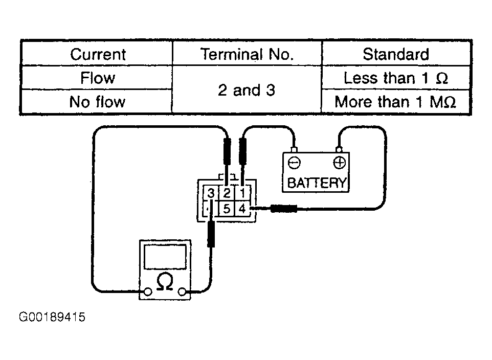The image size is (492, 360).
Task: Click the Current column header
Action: coord(98,54)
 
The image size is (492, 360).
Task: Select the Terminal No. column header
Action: coord(247,54)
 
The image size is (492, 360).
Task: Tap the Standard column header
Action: coord(396,54)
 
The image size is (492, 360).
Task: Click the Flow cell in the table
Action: coord(98,78)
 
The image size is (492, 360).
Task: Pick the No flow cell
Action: coord(97,102)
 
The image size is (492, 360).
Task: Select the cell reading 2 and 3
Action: coord(247,91)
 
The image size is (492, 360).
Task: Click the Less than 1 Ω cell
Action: coord(396,78)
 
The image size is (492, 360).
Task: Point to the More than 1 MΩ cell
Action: coord(395,102)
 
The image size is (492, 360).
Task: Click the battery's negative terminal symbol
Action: coord(294,163)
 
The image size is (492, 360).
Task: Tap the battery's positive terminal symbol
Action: coord(339,163)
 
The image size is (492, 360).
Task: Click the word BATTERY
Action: coord(317,183)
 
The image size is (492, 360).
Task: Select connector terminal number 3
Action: coord(211,193)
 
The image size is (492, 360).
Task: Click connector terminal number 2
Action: coord(227,193)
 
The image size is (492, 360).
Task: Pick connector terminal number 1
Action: coord(243,193)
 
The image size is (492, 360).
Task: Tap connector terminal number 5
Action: coord(227,209)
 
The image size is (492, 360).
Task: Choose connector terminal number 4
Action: coord(242,209)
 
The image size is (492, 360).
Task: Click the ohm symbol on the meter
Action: coord(165,281)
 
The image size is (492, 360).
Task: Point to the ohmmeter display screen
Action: coord(165,256)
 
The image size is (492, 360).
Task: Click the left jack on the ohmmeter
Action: coord(148,292)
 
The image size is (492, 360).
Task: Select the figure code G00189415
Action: coord(52,317)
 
